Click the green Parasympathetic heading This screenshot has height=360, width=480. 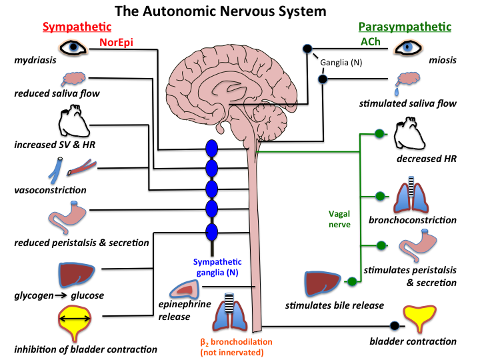tap(405, 27)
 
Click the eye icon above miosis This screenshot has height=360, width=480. tap(408, 48)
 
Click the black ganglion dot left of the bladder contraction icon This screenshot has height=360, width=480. tap(394, 326)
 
